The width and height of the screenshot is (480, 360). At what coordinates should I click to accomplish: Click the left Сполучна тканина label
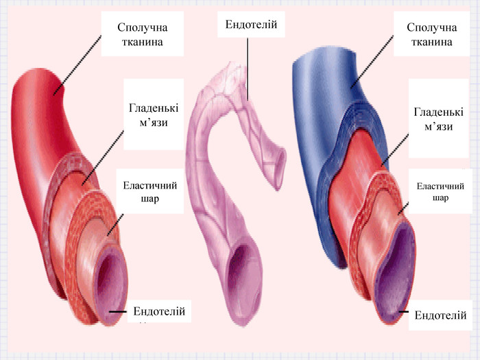coord(142,34)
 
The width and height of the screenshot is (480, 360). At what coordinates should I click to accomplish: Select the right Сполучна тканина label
coord(431,34)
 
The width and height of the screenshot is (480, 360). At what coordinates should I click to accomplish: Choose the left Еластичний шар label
coord(149,191)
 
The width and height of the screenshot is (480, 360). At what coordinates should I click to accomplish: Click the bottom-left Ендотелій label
coord(159,311)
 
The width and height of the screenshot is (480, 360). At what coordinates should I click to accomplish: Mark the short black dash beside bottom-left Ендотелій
coord(117,312)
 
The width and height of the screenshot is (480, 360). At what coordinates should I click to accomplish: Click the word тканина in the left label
coord(142,42)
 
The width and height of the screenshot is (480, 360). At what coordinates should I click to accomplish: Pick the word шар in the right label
coord(440,197)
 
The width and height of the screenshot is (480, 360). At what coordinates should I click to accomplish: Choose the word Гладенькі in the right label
coord(438,112)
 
